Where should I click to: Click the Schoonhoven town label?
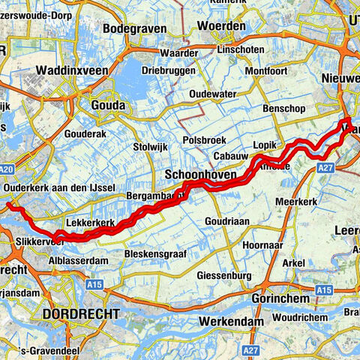tap(199, 174)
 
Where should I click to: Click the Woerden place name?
tap(221, 26)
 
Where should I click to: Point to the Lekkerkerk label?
tap(89, 223)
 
